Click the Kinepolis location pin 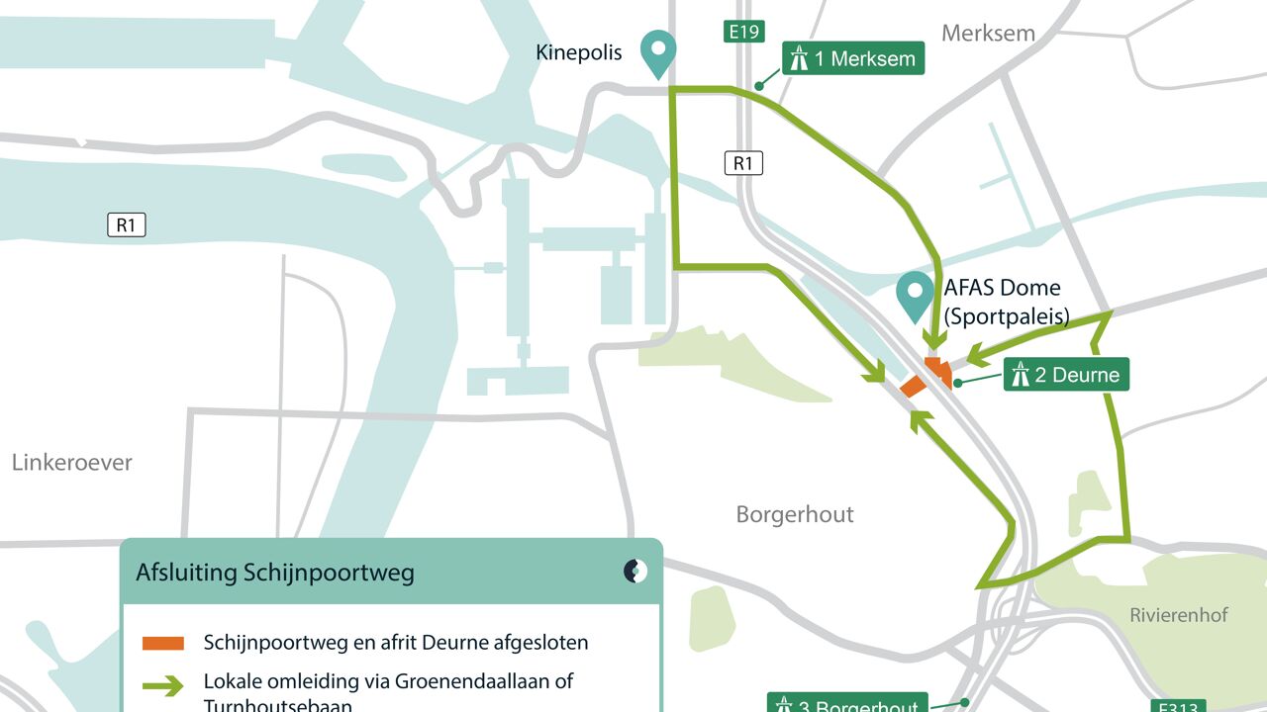click(x=657, y=52)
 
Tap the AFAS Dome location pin click(x=915, y=295)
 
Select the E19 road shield click(x=743, y=32)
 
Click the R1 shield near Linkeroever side click(x=126, y=225)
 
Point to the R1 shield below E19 click(x=743, y=163)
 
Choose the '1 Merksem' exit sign click(x=853, y=58)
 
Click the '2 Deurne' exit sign click(x=1066, y=375)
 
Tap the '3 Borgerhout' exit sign click(x=847, y=705)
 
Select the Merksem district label click(x=988, y=33)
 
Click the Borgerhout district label click(x=795, y=514)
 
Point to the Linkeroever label click(x=72, y=462)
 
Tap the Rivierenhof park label click(x=1179, y=615)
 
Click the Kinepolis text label click(x=579, y=52)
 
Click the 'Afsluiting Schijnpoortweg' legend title click(x=275, y=573)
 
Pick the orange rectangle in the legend click(x=163, y=643)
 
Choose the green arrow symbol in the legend click(x=163, y=684)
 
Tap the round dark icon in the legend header click(x=635, y=571)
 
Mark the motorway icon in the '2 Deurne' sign click(x=1020, y=375)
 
